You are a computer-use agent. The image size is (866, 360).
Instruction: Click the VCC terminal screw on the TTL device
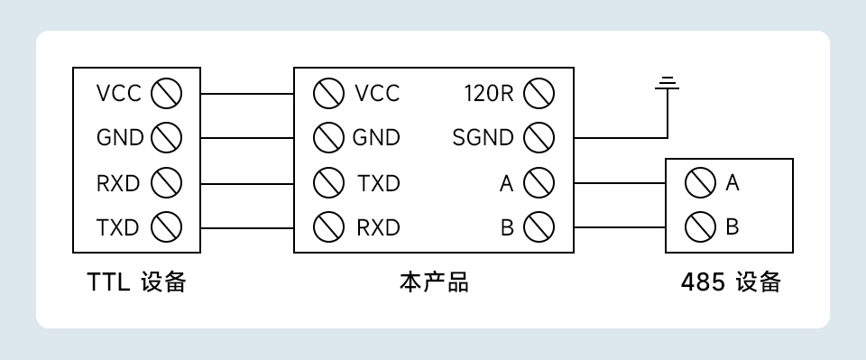pos(166,93)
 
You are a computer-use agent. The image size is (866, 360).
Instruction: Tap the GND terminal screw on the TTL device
pos(166,137)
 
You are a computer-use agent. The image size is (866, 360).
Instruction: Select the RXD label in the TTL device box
pos(118,182)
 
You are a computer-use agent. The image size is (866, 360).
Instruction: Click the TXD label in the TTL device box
pos(118,226)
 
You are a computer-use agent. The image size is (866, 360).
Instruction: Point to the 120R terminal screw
pos(538,93)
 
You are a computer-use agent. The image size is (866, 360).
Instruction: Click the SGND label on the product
pos(483,138)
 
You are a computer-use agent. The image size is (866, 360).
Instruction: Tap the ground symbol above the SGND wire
pos(667,85)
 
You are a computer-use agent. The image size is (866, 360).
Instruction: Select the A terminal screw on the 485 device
pos(701,182)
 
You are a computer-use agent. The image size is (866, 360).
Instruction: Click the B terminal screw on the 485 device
pos(701,226)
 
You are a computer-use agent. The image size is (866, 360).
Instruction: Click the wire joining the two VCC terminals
pos(247,93)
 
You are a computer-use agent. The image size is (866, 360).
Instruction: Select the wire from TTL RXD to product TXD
pos(247,182)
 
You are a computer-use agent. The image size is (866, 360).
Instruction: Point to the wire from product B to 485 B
pos(619,226)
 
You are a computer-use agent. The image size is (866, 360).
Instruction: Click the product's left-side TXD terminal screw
pos(328,182)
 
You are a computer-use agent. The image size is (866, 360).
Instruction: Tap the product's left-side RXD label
pos(378,226)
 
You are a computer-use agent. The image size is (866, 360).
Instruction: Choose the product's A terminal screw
pos(538,182)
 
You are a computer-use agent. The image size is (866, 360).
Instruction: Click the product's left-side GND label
pos(376,138)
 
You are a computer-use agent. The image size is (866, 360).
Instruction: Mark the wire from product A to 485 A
pos(619,182)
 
